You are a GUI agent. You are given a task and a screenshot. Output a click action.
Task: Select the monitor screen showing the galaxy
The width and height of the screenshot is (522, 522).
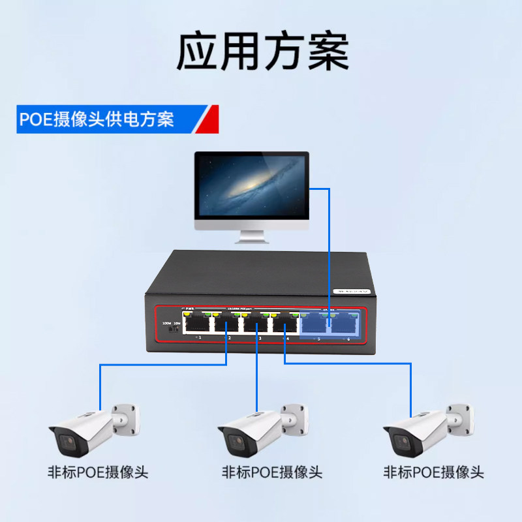point(251,187)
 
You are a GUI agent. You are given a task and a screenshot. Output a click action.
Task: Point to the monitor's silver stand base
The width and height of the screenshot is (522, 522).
point(253,239)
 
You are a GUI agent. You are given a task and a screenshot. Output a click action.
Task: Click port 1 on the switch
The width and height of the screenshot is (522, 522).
point(196,324)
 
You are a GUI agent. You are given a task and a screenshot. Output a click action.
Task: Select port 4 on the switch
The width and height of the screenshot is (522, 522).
point(284,324)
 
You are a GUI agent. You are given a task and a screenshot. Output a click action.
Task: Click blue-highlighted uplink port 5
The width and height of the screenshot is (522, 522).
point(316,324)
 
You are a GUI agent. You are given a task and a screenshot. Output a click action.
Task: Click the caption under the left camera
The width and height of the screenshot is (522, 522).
point(98,472)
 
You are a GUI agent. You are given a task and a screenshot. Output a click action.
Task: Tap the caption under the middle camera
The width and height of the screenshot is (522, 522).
point(272,472)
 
